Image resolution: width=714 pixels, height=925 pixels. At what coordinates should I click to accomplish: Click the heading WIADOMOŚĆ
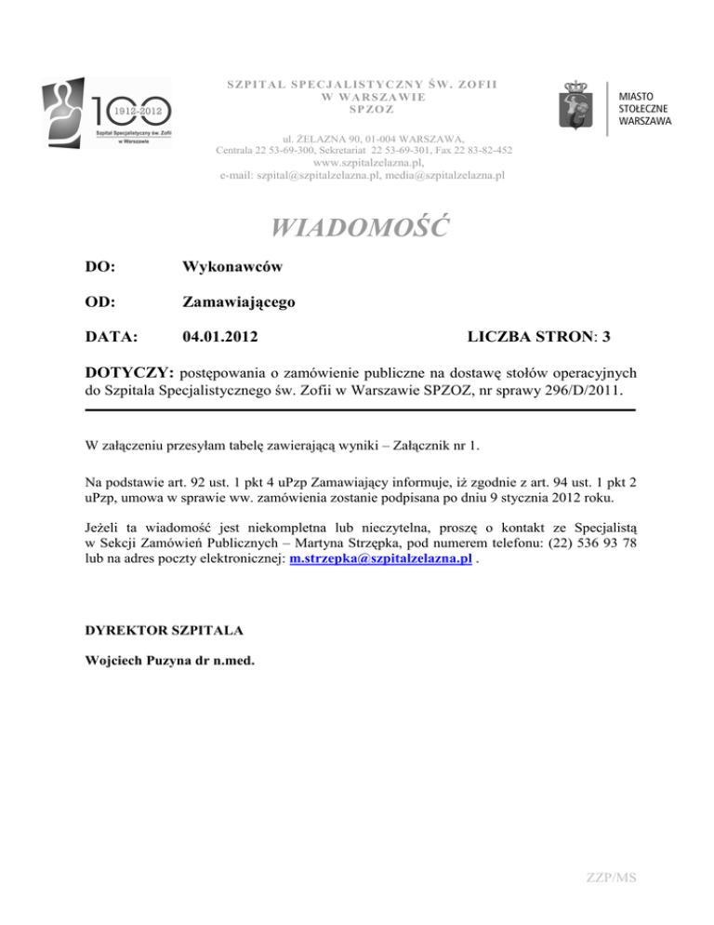point(357,226)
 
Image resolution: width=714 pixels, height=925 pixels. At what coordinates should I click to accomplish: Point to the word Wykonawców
point(233,267)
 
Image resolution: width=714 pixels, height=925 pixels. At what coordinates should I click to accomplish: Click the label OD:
point(99,302)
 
